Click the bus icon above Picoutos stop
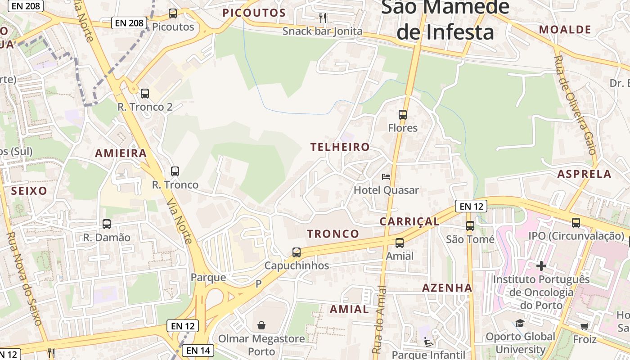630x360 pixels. click(x=173, y=13)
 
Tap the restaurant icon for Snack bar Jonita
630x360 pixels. click(x=322, y=18)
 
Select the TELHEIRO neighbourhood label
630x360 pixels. click(x=340, y=147)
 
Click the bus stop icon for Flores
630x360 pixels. click(x=403, y=115)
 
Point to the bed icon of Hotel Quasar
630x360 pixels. click(x=386, y=176)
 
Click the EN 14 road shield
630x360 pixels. click(x=198, y=350)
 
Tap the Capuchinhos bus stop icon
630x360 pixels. click(x=297, y=252)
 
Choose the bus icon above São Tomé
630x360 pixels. click(x=470, y=226)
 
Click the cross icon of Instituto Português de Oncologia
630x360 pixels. click(x=541, y=266)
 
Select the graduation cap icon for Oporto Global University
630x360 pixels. click(x=520, y=323)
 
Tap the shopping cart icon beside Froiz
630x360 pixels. click(x=584, y=326)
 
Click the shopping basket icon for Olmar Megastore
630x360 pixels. click(x=261, y=325)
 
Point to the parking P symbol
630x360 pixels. click(x=258, y=284)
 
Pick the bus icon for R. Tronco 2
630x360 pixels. click(x=145, y=94)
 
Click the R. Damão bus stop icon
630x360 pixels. click(x=107, y=224)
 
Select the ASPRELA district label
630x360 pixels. click(x=584, y=174)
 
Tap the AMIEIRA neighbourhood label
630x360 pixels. click(x=121, y=153)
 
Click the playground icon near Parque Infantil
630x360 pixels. click(x=428, y=342)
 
